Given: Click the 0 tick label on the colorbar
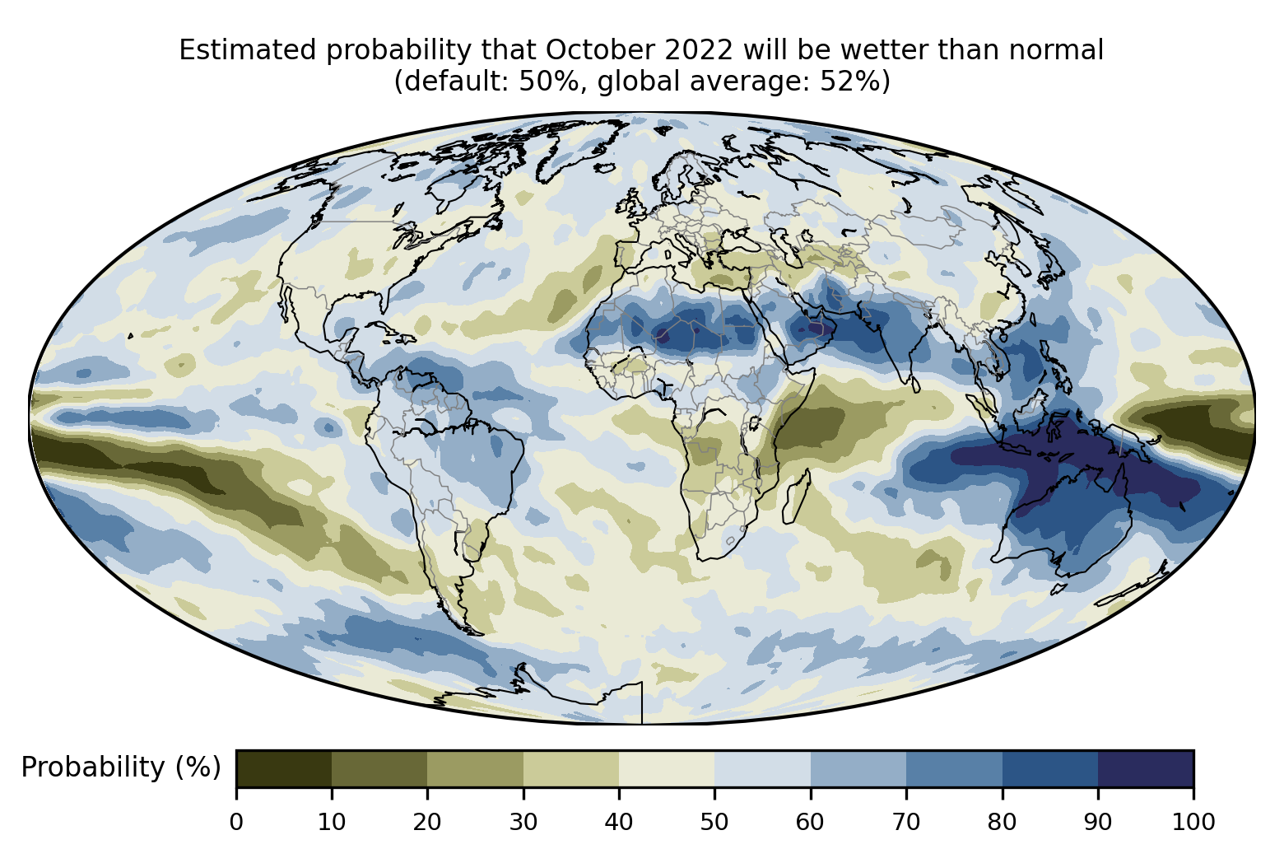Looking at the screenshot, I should coord(236,821).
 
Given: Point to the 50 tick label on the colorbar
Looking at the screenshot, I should coord(714,821).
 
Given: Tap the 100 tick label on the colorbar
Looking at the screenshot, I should coord(1193,821).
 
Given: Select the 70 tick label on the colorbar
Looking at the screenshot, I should coord(906,821).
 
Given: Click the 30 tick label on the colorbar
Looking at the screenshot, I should coord(523,821).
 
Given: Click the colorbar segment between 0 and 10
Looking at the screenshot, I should coord(284,768).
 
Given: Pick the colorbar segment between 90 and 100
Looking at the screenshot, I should coord(1145,768).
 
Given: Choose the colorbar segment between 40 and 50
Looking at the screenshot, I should coord(667,768).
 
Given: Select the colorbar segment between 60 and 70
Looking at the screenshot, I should coord(858,768).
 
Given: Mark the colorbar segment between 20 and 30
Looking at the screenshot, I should coord(476,768).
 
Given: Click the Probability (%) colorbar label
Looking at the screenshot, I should coord(121,767).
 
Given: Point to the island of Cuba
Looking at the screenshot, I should coord(390,331).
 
